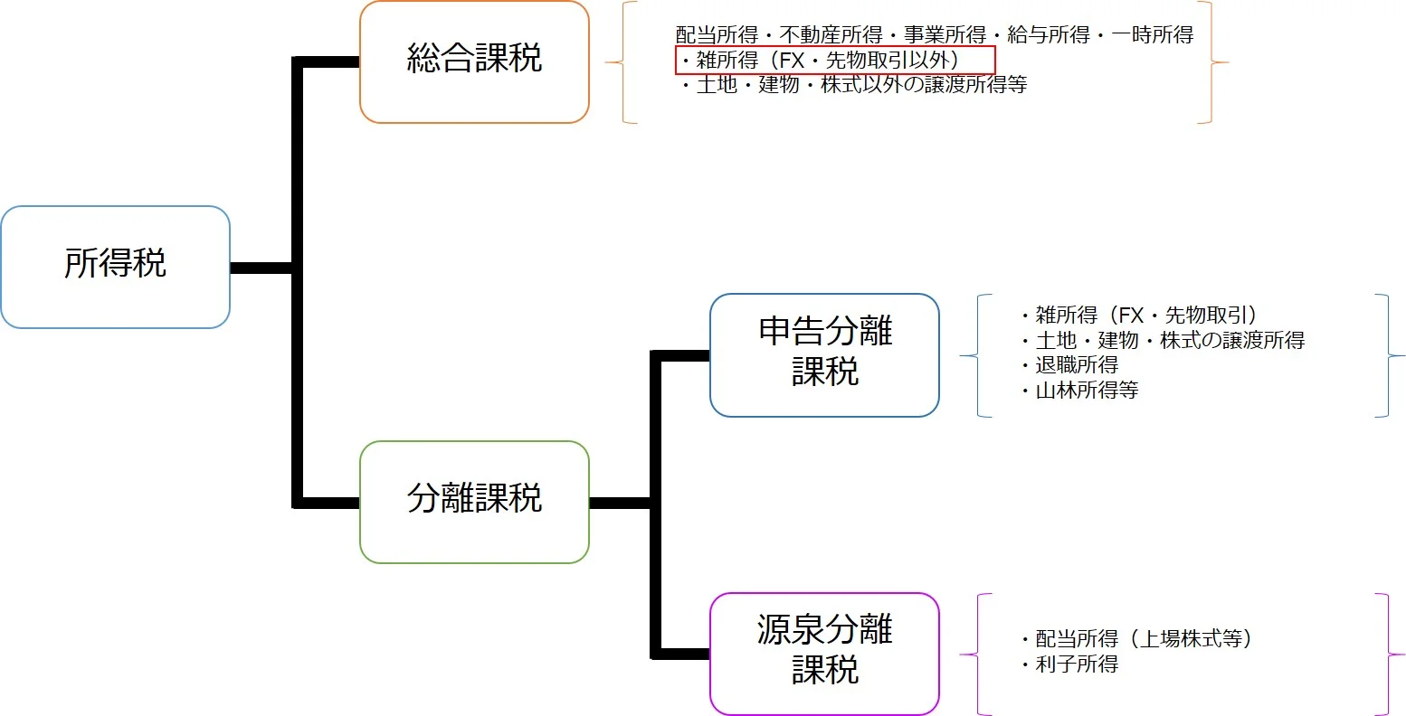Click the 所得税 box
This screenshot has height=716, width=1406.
pos(115,267)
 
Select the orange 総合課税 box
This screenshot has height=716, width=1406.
pos(474,61)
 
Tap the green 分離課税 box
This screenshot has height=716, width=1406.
pos(474,502)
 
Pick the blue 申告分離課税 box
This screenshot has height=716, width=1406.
pos(824,354)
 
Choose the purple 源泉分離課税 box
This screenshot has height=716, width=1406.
pos(824,653)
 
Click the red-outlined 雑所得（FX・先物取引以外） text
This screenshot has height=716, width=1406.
pos(834,61)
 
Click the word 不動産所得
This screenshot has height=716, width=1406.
pos(831,35)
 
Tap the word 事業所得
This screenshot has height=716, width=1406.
pos(945,35)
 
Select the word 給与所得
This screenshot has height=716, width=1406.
pos(1049,35)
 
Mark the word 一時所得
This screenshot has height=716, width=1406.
pos(1153,35)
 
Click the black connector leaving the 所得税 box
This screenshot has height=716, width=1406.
pos(261,268)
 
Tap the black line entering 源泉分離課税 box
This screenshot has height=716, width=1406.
pos(680,653)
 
